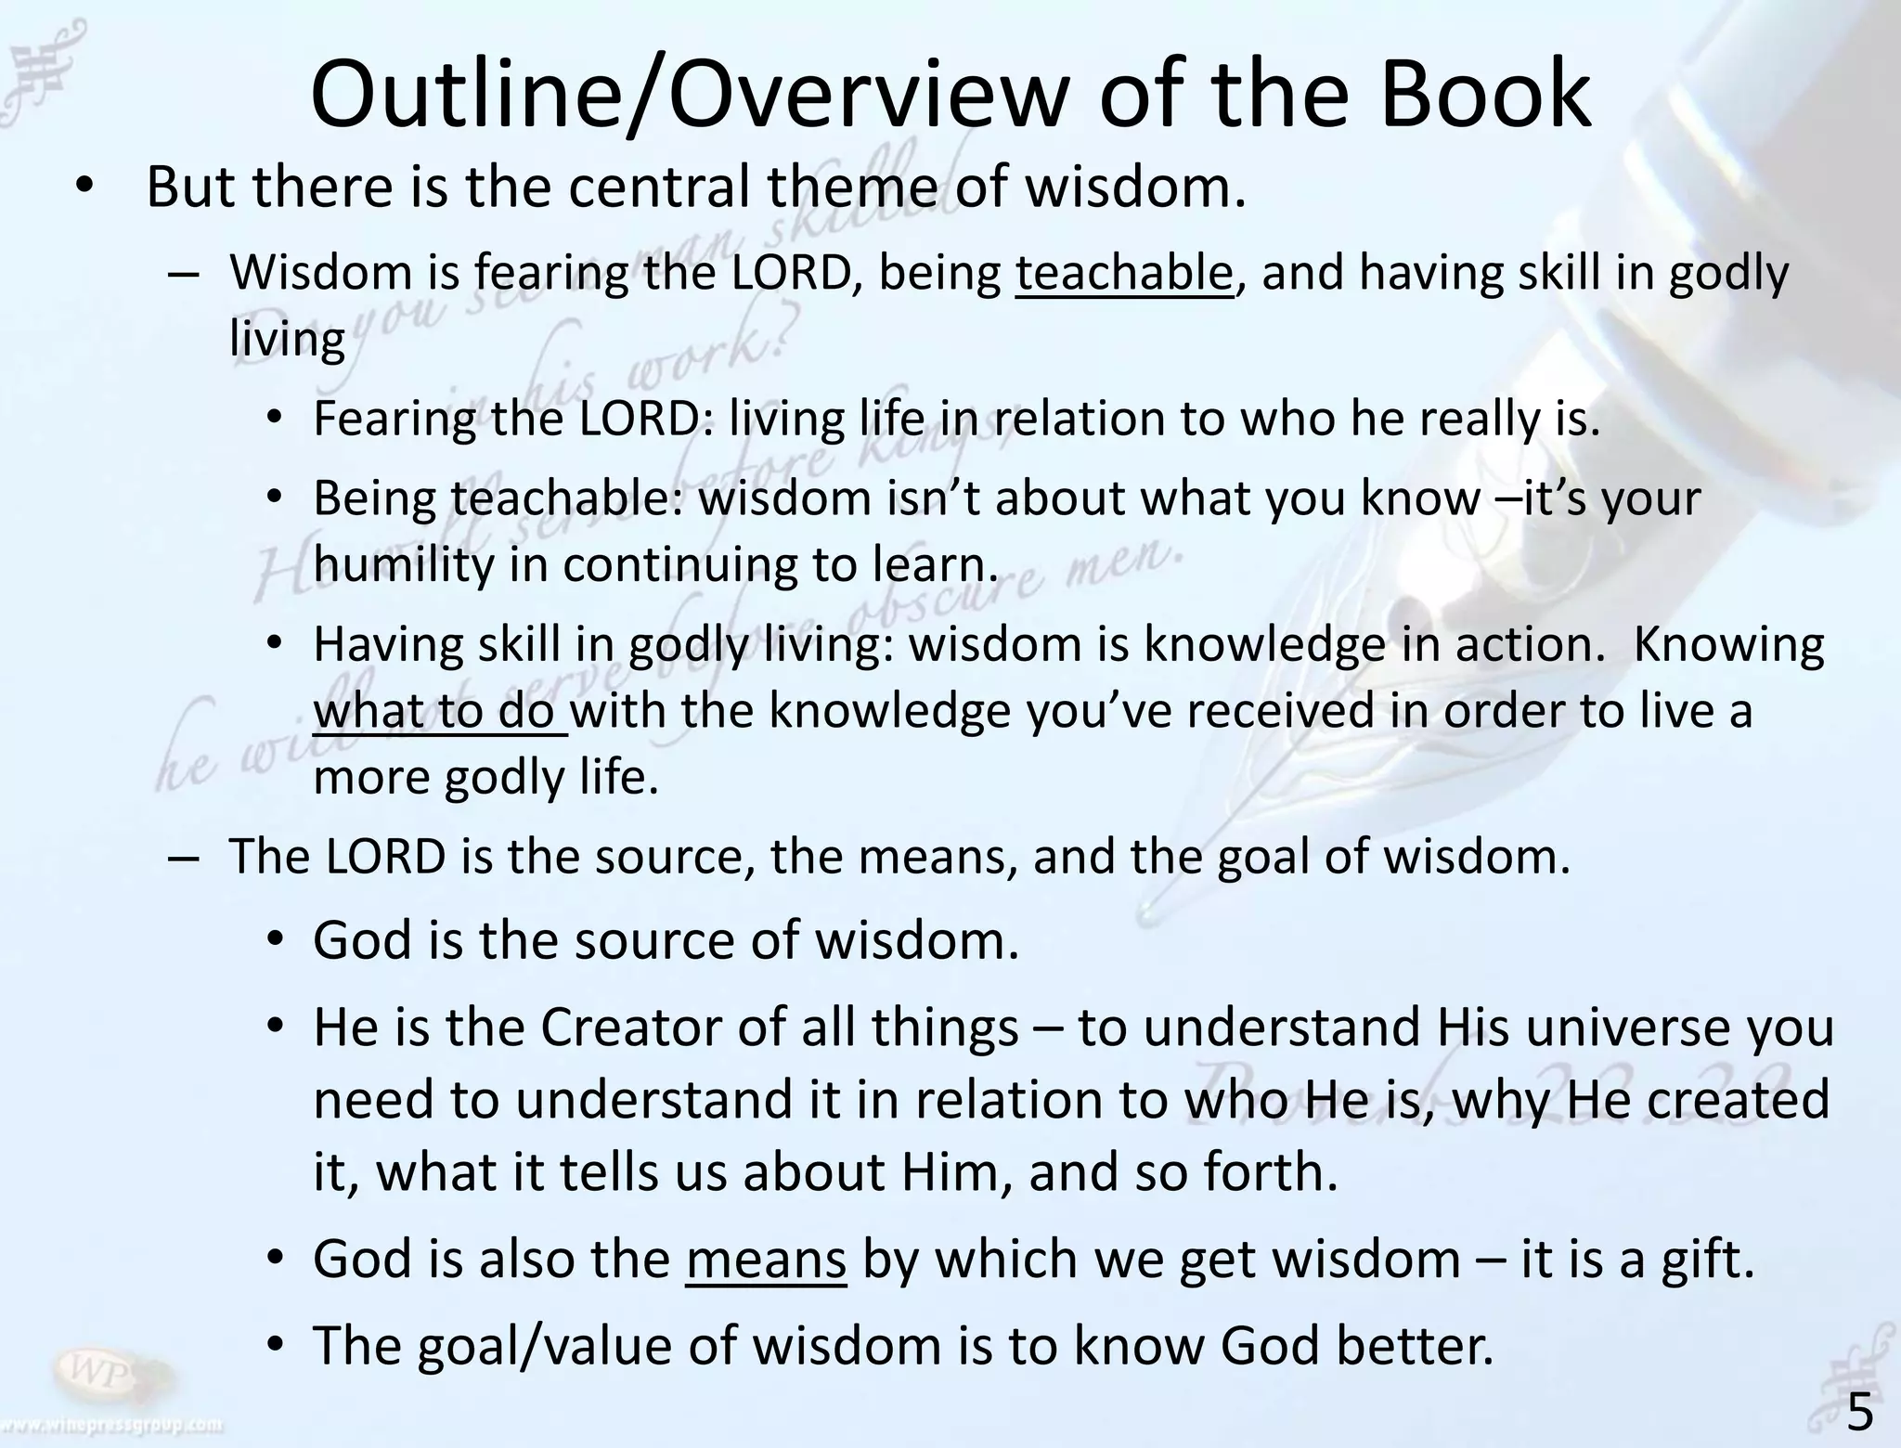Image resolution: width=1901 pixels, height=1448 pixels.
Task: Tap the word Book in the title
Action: tap(1485, 96)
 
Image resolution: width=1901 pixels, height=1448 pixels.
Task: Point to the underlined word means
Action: tap(766, 1260)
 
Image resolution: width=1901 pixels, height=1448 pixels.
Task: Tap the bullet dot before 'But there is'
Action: tap(84, 188)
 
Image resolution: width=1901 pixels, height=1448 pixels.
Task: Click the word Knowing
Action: tap(1728, 644)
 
